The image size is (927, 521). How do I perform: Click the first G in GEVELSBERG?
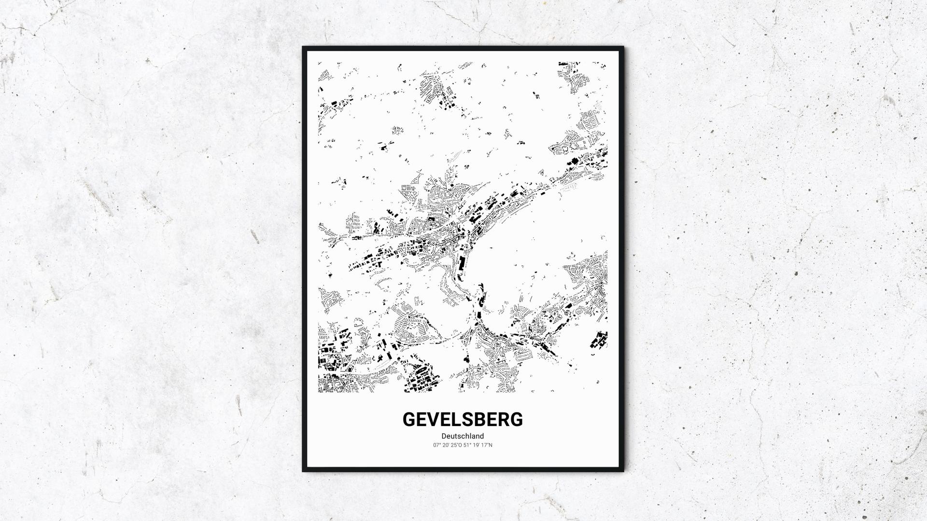pyautogui.click(x=409, y=420)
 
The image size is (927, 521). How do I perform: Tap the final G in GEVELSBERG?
pyautogui.click(x=516, y=420)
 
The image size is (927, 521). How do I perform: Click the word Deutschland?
pyautogui.click(x=463, y=436)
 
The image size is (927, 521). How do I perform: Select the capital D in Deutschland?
pyautogui.click(x=444, y=436)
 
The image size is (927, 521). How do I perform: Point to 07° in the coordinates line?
pyautogui.click(x=437, y=445)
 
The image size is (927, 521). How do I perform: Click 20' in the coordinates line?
pyautogui.click(x=446, y=445)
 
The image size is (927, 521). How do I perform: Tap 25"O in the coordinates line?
pyautogui.click(x=456, y=445)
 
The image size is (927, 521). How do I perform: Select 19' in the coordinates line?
pyautogui.click(x=476, y=445)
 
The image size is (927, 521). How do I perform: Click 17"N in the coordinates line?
pyautogui.click(x=487, y=445)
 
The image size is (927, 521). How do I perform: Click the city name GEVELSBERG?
pyautogui.click(x=463, y=420)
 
